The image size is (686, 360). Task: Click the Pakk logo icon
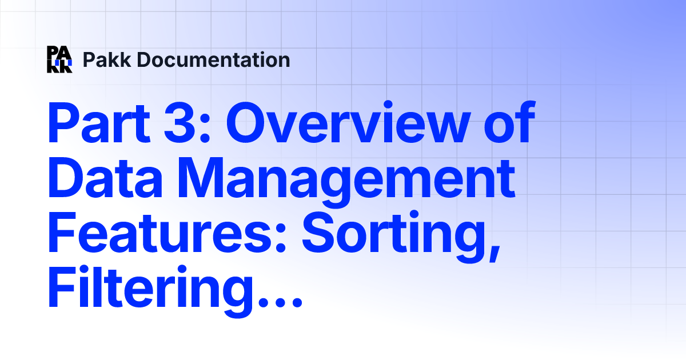coord(59,59)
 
